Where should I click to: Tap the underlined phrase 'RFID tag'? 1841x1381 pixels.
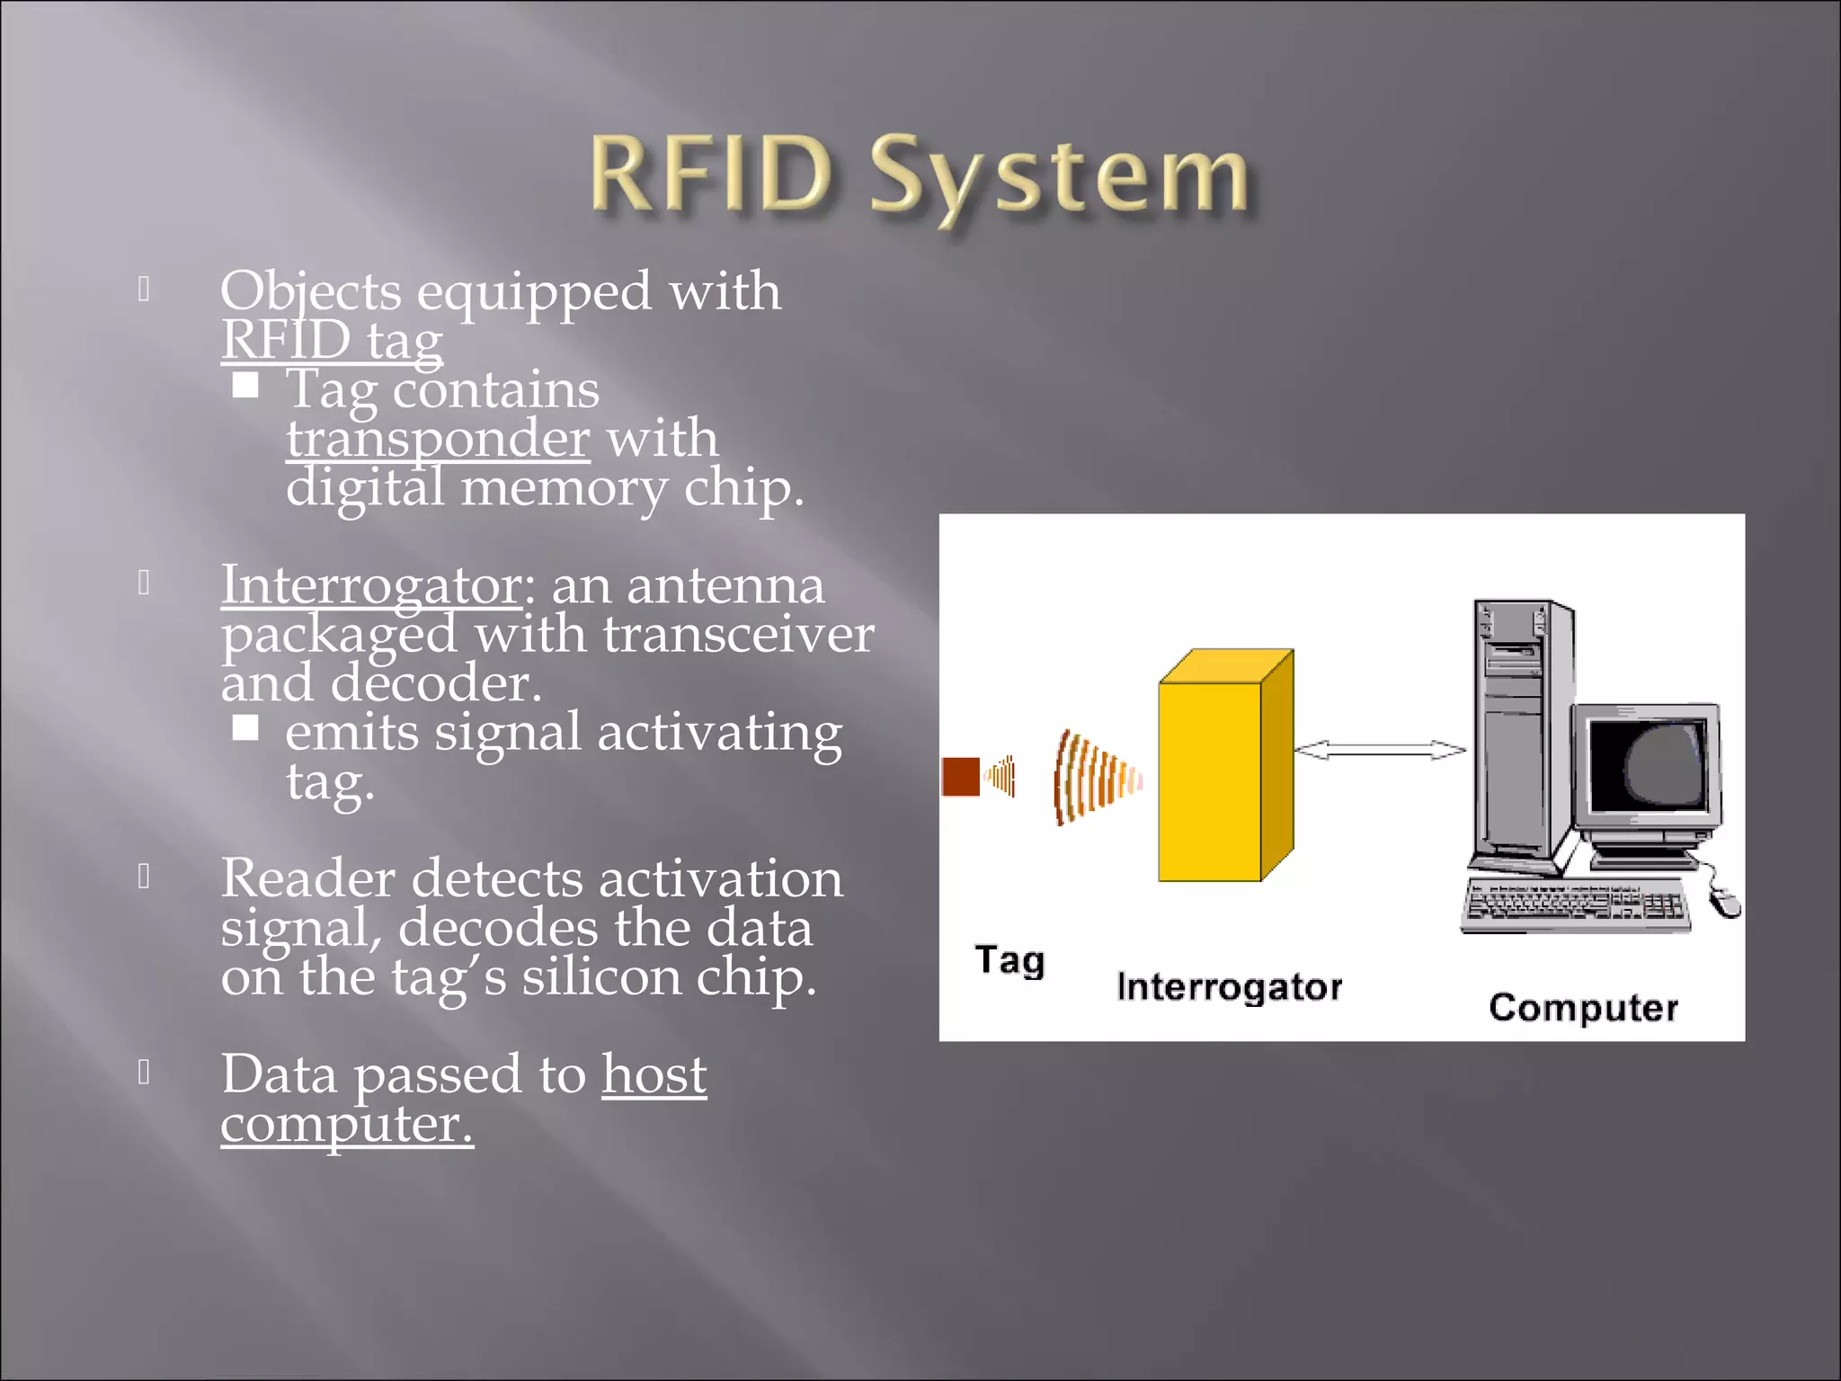pyautogui.click(x=332, y=341)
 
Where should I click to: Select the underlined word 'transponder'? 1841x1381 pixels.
pyautogui.click(x=438, y=439)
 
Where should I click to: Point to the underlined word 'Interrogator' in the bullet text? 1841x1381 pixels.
pyautogui.click(x=371, y=585)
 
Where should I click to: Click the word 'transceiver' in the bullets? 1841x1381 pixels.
pyautogui.click(x=738, y=635)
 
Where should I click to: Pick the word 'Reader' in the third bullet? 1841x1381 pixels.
pyautogui.click(x=307, y=878)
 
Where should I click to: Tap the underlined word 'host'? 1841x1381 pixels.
pyautogui.click(x=654, y=1074)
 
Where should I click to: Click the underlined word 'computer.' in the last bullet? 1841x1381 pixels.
pyautogui.click(x=346, y=1124)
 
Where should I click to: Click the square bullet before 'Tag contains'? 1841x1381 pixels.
pyautogui.click(x=245, y=386)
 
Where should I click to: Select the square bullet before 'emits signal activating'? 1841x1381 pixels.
pyautogui.click(x=245, y=727)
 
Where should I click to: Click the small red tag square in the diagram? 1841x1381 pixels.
pyautogui.click(x=960, y=777)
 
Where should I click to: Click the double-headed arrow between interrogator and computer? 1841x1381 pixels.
pyautogui.click(x=1380, y=750)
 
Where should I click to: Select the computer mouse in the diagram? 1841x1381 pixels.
pyautogui.click(x=1724, y=902)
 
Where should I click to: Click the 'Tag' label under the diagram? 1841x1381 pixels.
pyautogui.click(x=1009, y=960)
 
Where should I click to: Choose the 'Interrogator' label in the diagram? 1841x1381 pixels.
pyautogui.click(x=1229, y=987)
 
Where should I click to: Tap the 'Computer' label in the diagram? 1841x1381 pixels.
pyautogui.click(x=1583, y=1008)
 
